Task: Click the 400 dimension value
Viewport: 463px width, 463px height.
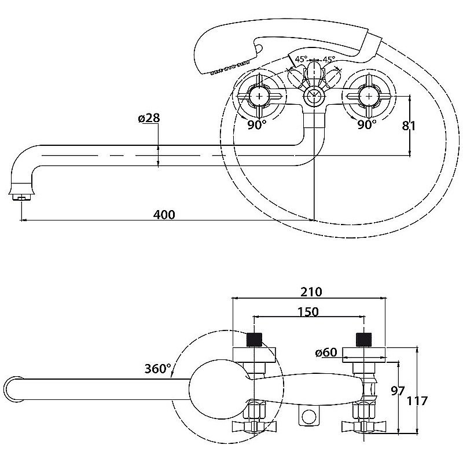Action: click(x=164, y=214)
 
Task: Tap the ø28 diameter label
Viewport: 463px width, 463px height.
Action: click(x=149, y=118)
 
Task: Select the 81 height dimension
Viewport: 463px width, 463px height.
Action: click(x=409, y=125)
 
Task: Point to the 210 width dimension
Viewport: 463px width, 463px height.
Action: click(x=311, y=291)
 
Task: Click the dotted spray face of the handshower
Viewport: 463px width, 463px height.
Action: click(x=222, y=70)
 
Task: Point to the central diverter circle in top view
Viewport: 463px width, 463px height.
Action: click(x=313, y=95)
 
